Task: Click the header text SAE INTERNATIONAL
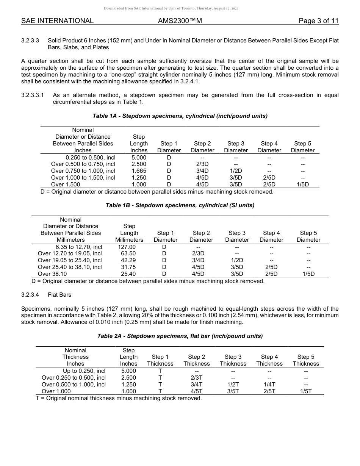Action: point(57,21)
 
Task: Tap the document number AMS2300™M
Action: point(180,21)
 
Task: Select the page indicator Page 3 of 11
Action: point(318,21)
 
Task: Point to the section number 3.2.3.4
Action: point(30,294)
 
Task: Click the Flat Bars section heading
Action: point(59,294)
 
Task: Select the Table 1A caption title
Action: point(180,116)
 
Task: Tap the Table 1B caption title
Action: point(180,205)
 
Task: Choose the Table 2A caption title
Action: point(180,336)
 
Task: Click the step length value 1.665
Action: point(139,171)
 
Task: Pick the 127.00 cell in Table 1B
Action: point(127,247)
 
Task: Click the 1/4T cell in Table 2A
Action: point(269,385)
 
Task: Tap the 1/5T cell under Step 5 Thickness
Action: point(305,391)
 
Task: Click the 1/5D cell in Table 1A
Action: point(302,185)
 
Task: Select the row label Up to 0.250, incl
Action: point(84,371)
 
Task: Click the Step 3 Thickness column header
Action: point(233,360)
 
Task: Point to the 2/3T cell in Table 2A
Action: point(196,378)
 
